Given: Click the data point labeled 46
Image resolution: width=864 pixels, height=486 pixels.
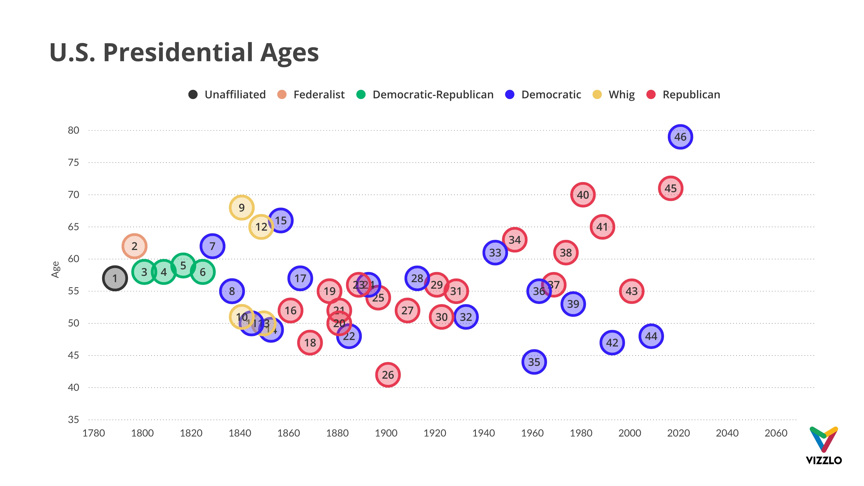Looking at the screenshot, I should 680,137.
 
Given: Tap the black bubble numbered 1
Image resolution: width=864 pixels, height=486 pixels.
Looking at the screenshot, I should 115,278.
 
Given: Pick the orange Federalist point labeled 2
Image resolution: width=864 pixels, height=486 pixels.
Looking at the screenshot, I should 134,246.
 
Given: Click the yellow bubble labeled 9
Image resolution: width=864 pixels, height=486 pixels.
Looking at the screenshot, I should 241,208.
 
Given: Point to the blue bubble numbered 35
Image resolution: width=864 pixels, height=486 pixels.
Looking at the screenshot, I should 534,362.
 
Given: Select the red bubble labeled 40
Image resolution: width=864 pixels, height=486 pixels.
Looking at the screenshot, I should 583,195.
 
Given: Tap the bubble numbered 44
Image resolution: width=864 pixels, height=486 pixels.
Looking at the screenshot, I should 651,336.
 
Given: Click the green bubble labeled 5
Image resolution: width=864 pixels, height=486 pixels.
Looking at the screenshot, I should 183,265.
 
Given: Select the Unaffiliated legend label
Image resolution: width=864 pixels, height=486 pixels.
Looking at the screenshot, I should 235,94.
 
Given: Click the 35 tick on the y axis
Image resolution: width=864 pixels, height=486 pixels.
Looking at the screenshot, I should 73,420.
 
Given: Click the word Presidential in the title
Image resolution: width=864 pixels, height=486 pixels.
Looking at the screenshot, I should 178,53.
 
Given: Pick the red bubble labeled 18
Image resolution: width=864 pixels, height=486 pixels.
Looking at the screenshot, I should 310,342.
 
